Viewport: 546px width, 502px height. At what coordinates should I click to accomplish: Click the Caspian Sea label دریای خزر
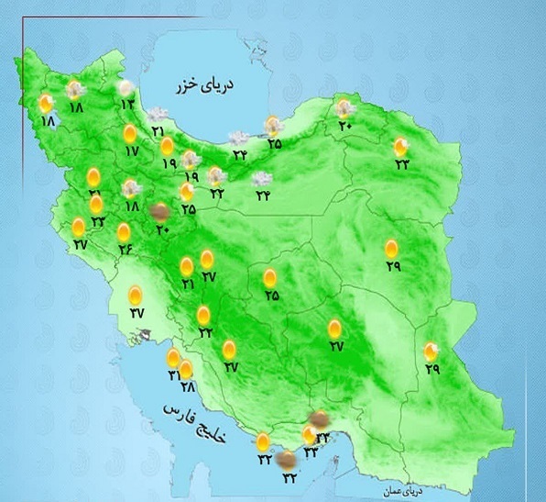point(206,86)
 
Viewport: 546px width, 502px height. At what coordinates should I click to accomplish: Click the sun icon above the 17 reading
point(130,134)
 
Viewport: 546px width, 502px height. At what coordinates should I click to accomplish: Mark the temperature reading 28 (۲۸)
point(186,386)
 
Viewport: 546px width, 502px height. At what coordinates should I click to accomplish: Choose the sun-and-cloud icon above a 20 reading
point(344,108)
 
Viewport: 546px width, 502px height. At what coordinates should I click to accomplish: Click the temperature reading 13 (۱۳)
point(126,105)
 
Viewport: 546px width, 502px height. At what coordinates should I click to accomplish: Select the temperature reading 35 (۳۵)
point(274,143)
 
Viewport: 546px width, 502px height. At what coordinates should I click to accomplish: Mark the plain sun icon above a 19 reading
point(168,146)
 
